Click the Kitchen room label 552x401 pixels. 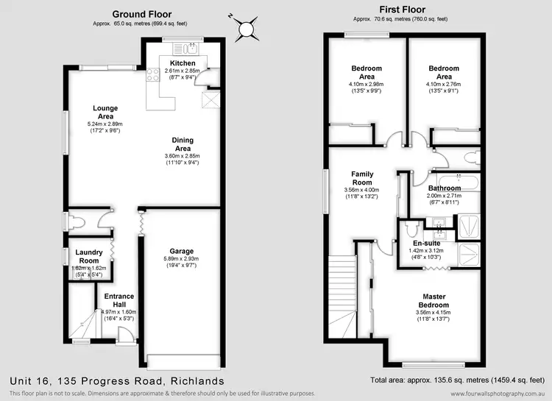(x=183, y=63)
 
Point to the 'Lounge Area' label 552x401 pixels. (x=105, y=113)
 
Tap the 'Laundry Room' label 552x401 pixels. (x=89, y=257)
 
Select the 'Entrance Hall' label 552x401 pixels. (x=118, y=300)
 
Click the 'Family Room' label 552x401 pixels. (x=361, y=179)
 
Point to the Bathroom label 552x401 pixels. (x=445, y=188)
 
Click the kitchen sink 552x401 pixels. (x=189, y=49)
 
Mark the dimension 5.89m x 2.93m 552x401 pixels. (x=181, y=259)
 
